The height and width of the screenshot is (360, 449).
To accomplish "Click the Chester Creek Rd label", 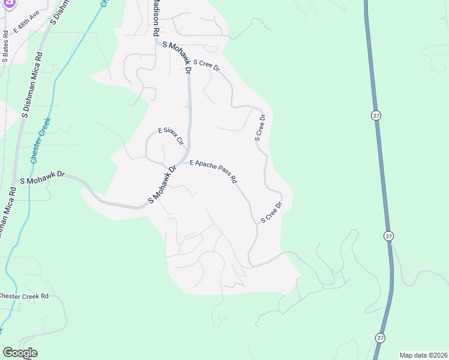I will [24, 296].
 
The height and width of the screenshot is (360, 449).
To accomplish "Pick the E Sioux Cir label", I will [170, 137].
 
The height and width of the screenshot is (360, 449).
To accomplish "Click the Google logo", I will [20, 353].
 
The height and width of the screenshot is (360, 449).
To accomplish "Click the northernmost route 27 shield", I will [376, 115].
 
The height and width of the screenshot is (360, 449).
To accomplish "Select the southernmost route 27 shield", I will [380, 338].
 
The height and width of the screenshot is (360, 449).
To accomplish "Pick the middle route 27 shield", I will [389, 236].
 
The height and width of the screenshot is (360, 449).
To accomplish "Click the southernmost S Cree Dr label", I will [271, 214].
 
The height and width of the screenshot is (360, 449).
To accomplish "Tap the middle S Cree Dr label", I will [260, 127].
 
